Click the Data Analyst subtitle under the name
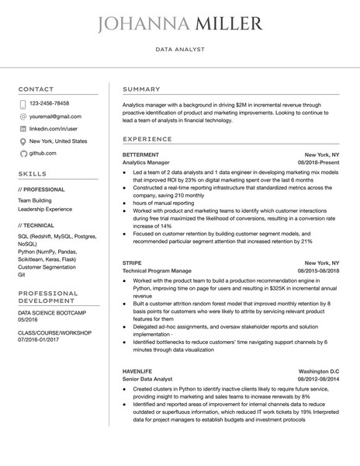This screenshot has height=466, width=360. coord(179,49)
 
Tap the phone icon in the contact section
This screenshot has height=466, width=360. coord(22,103)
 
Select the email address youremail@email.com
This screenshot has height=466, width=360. coord(54,116)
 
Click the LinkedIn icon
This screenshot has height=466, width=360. coord(22,128)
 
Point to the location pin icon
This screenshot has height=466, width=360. coord(22,141)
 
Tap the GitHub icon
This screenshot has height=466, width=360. coord(22,154)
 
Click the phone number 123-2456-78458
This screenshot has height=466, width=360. coord(49,103)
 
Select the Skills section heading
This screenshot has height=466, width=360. coord(32,174)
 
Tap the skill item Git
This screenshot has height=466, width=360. coord(22,274)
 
